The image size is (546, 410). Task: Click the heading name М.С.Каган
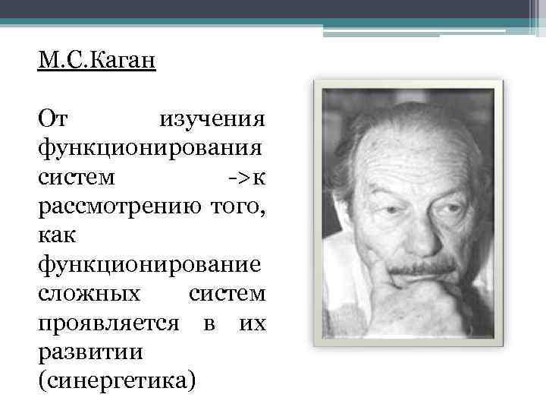[x=96, y=60]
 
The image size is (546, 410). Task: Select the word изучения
[x=212, y=119]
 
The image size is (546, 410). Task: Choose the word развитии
[x=83, y=351]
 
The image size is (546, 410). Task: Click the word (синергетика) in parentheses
[x=115, y=380]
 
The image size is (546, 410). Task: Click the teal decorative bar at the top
[x=273, y=21]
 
